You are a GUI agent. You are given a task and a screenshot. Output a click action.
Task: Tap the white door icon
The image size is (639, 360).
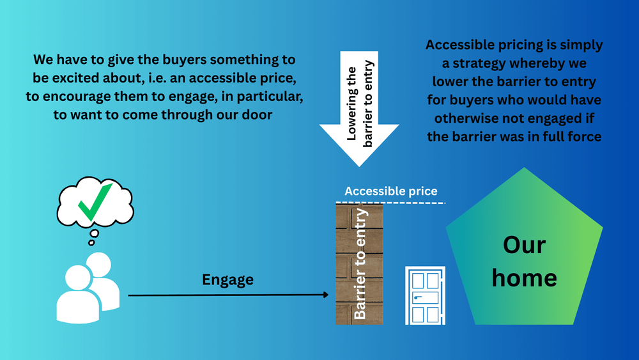coord(425,295)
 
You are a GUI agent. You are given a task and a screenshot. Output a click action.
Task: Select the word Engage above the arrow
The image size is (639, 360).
coord(227,279)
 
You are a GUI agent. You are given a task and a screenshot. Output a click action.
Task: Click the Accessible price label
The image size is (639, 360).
coord(391,191)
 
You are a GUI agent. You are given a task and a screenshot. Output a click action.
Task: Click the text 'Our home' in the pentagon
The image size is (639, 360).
coord(524,262)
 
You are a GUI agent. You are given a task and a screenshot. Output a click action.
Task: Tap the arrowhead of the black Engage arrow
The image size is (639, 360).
coord(325,295)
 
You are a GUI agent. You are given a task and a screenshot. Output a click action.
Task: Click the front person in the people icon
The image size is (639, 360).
coord(79,294)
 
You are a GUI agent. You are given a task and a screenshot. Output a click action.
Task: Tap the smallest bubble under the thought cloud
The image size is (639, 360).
coord(91,242)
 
